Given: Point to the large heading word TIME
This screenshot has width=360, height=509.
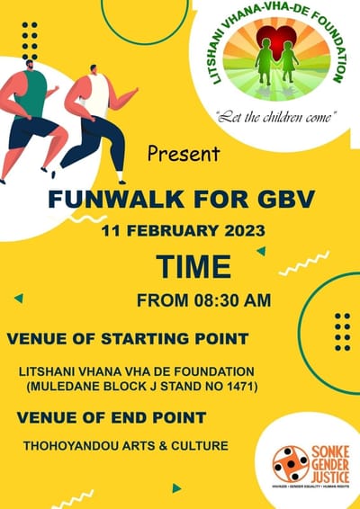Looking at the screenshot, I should tap(192, 267).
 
